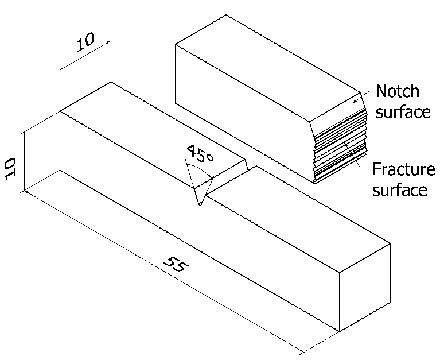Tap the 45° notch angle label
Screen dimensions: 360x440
pos(198,156)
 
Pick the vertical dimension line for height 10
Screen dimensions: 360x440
pos(24,161)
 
